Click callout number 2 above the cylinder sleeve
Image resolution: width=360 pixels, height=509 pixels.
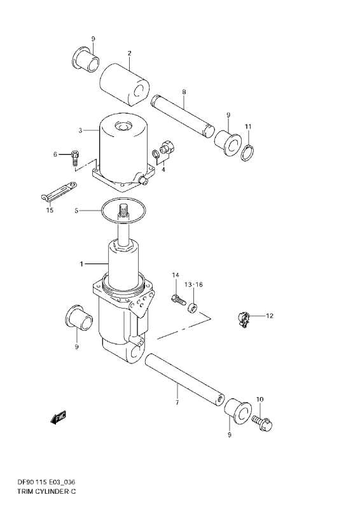coord(129,53)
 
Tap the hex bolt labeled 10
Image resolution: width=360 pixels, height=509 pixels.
coord(262,422)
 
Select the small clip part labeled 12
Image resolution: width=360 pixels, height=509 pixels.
coord(243,318)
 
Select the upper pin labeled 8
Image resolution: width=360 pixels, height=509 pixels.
coord(182,115)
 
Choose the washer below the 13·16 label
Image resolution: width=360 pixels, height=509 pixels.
coord(192,308)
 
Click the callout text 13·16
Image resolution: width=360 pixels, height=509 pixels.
coord(193,284)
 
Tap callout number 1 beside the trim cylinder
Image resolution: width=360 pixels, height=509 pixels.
coord(81,264)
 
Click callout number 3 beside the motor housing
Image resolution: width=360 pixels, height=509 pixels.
coord(80,130)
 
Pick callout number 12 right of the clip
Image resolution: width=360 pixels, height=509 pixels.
coord(270,316)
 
